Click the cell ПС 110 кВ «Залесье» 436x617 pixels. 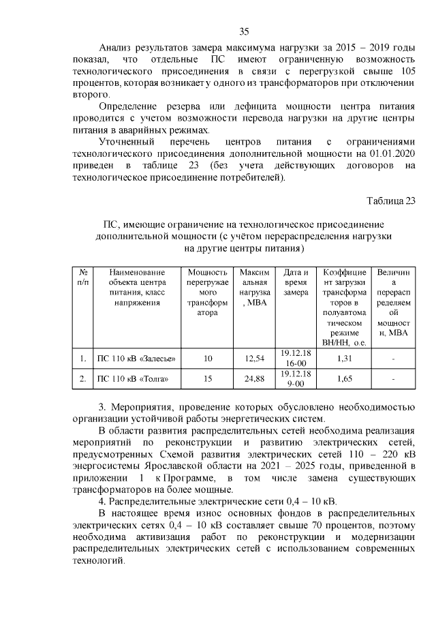[136, 359]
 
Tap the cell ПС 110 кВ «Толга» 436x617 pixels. [132, 378]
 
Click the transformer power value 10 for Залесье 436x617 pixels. [208, 359]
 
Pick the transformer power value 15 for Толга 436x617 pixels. [208, 378]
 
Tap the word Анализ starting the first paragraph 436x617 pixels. [117, 47]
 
